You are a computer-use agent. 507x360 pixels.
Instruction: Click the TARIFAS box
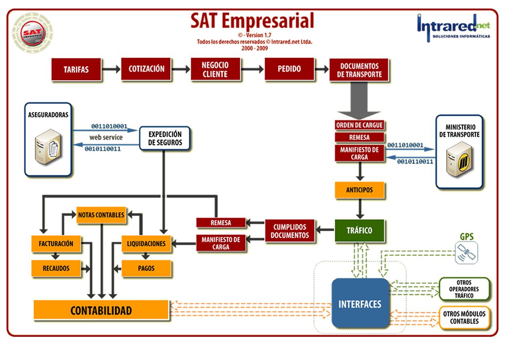[76, 69]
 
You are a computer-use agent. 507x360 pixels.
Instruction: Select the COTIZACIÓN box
[146, 69]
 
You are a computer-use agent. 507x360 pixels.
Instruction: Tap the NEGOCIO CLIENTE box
[215, 70]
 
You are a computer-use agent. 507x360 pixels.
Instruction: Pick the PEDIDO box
[289, 69]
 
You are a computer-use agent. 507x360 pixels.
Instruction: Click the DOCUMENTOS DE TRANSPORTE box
[359, 70]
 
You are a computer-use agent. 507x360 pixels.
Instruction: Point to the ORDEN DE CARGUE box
[359, 125]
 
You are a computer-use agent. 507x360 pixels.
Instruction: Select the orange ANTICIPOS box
[359, 190]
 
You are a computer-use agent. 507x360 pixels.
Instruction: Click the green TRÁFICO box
[359, 230]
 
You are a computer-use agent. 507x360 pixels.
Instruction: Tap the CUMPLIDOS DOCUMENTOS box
[290, 231]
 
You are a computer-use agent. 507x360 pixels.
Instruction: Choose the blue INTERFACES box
[360, 304]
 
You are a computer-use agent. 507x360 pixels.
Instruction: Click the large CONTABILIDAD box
[101, 311]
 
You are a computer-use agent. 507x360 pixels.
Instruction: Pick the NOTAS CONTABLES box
[101, 215]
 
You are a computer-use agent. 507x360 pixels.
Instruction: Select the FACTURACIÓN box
[56, 244]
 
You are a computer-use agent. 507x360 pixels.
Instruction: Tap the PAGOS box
[146, 268]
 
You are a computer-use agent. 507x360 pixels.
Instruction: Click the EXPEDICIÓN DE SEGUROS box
[165, 138]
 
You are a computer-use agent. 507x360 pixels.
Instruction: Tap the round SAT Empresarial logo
[32, 33]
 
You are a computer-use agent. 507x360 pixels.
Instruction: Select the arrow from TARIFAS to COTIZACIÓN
[110, 69]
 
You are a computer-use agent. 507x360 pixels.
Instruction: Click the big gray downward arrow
[359, 102]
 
